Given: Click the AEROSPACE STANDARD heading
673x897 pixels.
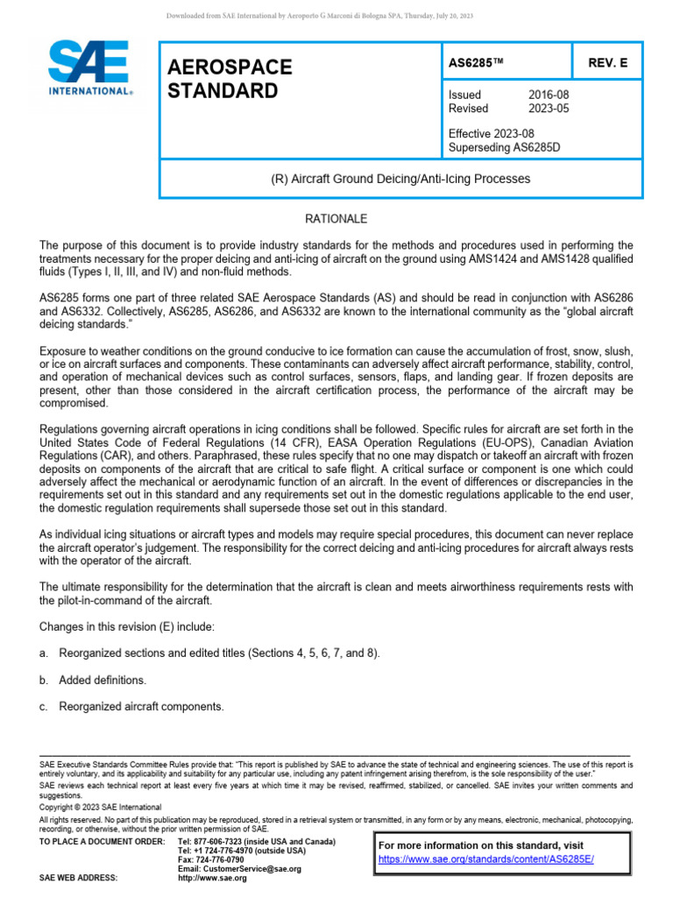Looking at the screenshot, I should click(x=230, y=79).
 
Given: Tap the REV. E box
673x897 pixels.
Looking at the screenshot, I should click(x=608, y=63).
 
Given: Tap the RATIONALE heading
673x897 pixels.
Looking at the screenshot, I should click(x=336, y=218).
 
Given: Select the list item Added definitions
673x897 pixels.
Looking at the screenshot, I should click(x=103, y=680).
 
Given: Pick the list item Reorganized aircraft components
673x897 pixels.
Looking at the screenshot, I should click(x=141, y=706).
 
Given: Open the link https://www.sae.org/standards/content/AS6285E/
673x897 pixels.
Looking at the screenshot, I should click(x=485, y=860).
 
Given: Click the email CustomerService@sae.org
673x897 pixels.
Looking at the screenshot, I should click(x=239, y=869).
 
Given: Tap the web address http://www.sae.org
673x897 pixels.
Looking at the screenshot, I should click(x=212, y=879).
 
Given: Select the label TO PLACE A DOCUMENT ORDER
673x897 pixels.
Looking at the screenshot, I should click(x=102, y=841).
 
